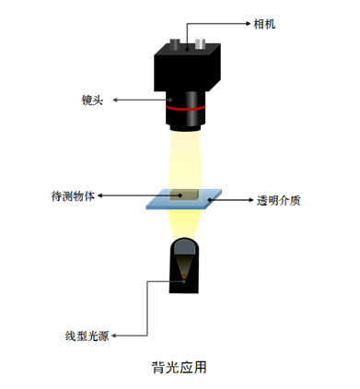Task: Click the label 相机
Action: (x=263, y=23)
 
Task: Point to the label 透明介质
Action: (x=277, y=199)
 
